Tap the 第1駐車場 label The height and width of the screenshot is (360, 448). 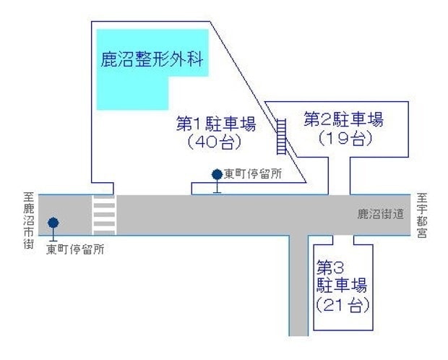(x=216, y=124)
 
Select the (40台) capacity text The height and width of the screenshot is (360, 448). (x=215, y=142)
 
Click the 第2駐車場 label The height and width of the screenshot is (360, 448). (x=343, y=118)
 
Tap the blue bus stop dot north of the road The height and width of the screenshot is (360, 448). (x=216, y=174)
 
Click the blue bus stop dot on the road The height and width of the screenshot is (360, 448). (x=53, y=223)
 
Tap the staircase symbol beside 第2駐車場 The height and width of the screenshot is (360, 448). (x=282, y=137)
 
